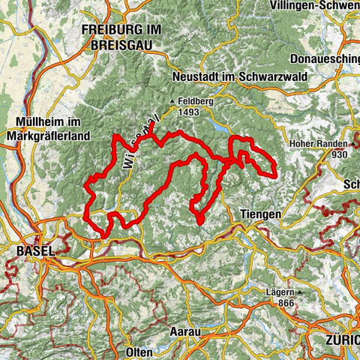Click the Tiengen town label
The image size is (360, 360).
pos(261,214)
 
